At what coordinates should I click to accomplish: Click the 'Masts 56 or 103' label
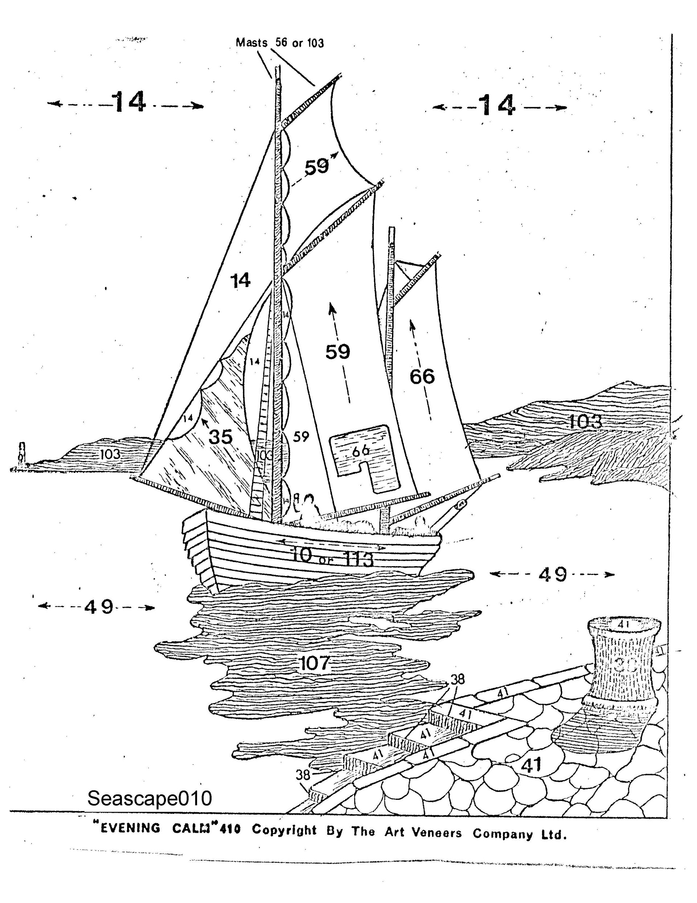pyautogui.click(x=280, y=43)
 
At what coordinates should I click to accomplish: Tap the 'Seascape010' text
pyautogui.click(x=150, y=798)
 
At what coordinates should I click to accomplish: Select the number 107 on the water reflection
pyautogui.click(x=314, y=663)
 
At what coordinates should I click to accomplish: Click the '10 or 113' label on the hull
pyautogui.click(x=333, y=557)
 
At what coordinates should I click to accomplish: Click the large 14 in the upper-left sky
pyautogui.click(x=129, y=102)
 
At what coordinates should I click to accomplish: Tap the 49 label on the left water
pyautogui.click(x=99, y=606)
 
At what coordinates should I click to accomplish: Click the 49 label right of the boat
pyautogui.click(x=553, y=574)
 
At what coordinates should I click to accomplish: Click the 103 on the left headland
pyautogui.click(x=110, y=454)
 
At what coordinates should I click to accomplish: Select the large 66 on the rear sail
pyautogui.click(x=422, y=376)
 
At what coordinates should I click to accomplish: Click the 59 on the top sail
pyautogui.click(x=317, y=167)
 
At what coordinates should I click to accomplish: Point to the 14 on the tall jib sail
pyautogui.click(x=240, y=281)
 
